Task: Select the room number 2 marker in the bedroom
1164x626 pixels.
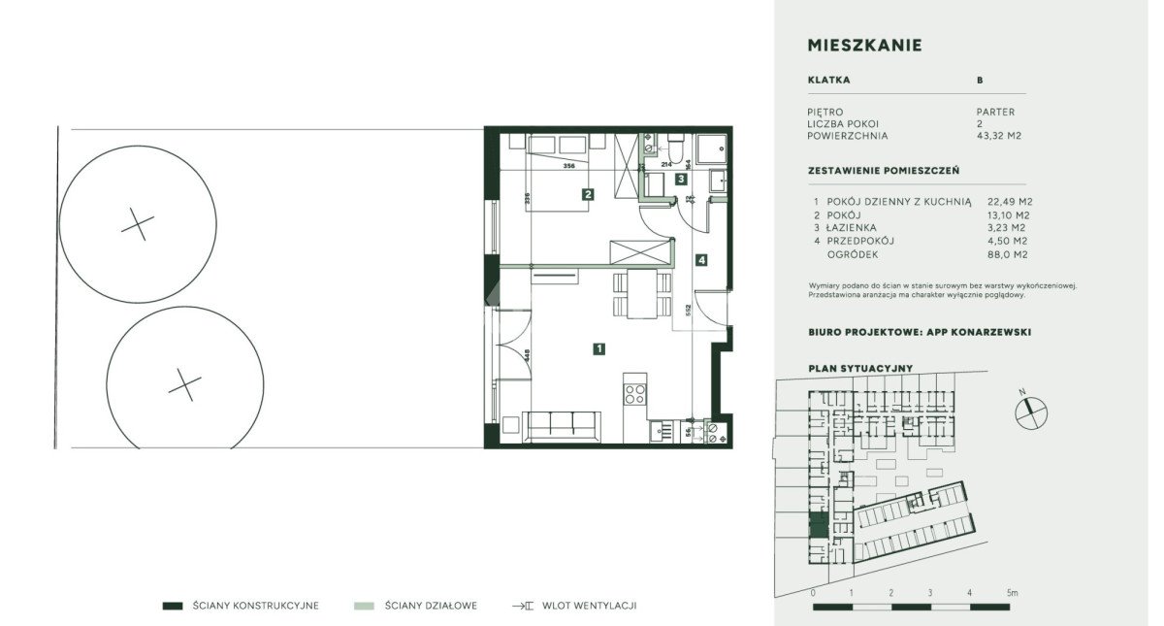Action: click(x=588, y=194)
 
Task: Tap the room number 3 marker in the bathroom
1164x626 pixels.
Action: click(x=682, y=180)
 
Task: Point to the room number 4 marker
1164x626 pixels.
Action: click(x=700, y=259)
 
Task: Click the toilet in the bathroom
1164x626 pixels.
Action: click(x=673, y=146)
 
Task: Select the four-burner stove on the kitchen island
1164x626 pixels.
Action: click(x=634, y=393)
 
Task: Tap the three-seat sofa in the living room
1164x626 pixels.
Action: click(x=559, y=426)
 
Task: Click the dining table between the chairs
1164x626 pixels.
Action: click(x=639, y=294)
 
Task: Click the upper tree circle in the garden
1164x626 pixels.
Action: click(x=138, y=226)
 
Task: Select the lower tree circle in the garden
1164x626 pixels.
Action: click(x=184, y=385)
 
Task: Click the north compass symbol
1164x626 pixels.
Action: click(x=1032, y=413)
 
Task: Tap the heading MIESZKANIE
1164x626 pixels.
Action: click(x=864, y=46)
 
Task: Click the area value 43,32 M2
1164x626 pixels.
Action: click(x=1000, y=136)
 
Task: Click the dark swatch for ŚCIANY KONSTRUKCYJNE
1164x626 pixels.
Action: click(x=173, y=606)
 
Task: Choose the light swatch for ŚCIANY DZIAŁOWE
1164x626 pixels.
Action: click(x=364, y=606)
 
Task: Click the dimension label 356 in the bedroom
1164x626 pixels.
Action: click(x=569, y=166)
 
